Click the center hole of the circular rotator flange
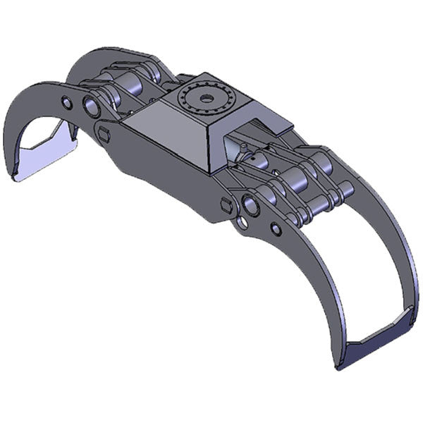pos(207,99)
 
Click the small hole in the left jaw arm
pos(66,104)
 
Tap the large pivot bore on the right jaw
pos(251,206)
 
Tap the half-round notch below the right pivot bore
pos(242,224)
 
